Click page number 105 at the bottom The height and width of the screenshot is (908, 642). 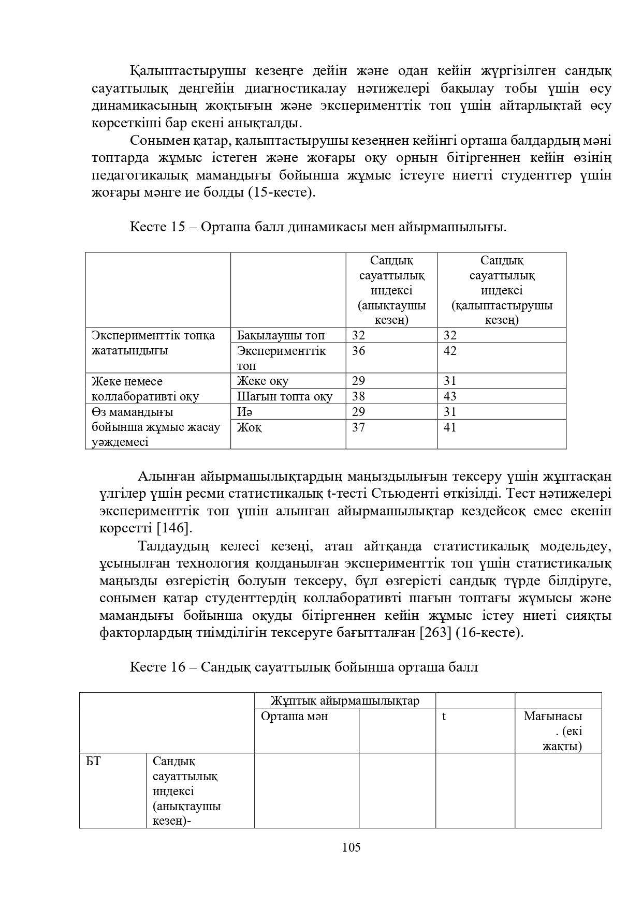pyautogui.click(x=351, y=847)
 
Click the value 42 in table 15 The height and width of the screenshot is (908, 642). pyautogui.click(x=450, y=351)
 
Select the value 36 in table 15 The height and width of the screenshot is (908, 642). pyautogui.click(x=358, y=351)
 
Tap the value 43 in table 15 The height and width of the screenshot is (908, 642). pyautogui.click(x=450, y=396)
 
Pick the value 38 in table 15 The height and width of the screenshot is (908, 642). pyautogui.click(x=358, y=396)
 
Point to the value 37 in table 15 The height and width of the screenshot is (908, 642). pyautogui.click(x=358, y=427)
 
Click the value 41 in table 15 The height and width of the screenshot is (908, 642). pyautogui.click(x=450, y=427)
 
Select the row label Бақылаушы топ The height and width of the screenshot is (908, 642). pyautogui.click(x=281, y=335)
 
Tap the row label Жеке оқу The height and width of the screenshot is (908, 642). pyautogui.click(x=262, y=381)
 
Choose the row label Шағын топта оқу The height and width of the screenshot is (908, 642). pyautogui.click(x=284, y=396)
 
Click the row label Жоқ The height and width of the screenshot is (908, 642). pyautogui.click(x=249, y=427)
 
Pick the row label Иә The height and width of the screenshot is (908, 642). pyautogui.click(x=245, y=412)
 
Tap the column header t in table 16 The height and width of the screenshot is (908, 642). pyautogui.click(x=444, y=717)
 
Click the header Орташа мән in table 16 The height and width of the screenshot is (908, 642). pyautogui.click(x=294, y=717)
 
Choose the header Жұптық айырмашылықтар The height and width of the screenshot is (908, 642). pyautogui.click(x=344, y=701)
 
